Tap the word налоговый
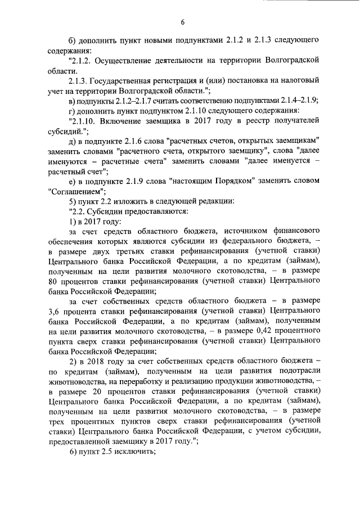300,80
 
